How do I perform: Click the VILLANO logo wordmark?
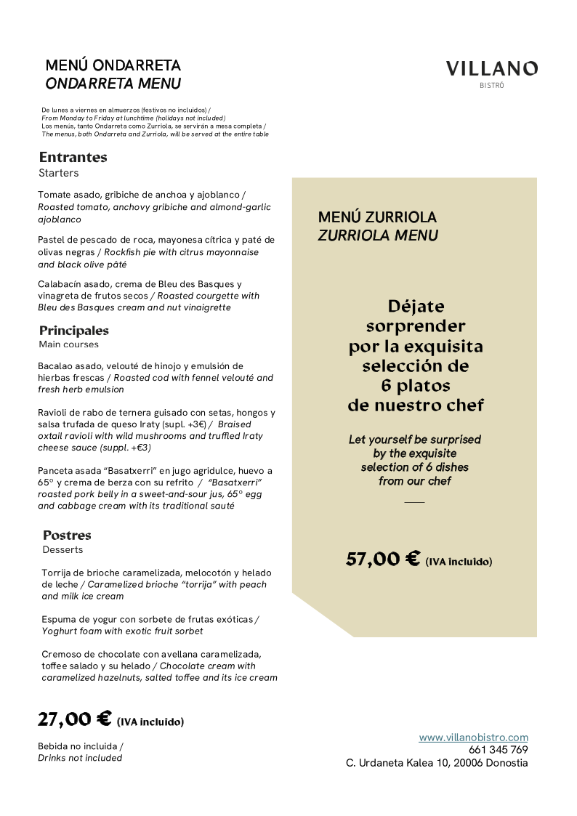tap(492, 69)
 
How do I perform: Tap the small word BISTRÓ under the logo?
tap(492, 86)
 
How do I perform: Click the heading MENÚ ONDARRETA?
tap(113, 66)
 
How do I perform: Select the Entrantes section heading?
tap(73, 157)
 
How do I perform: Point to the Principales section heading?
tap(74, 331)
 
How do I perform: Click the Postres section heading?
tap(67, 536)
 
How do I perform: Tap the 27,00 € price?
tap(75, 719)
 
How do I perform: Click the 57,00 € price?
tap(383, 559)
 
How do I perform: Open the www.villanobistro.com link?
tap(473, 737)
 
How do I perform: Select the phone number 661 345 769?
tap(498, 750)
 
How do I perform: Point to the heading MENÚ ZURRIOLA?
tap(377, 217)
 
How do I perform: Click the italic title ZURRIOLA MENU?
tap(378, 235)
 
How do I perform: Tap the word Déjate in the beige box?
tap(416, 306)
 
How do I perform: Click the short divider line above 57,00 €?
tap(414, 502)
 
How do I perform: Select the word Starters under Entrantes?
tap(58, 173)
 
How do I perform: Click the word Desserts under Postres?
tap(62, 549)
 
